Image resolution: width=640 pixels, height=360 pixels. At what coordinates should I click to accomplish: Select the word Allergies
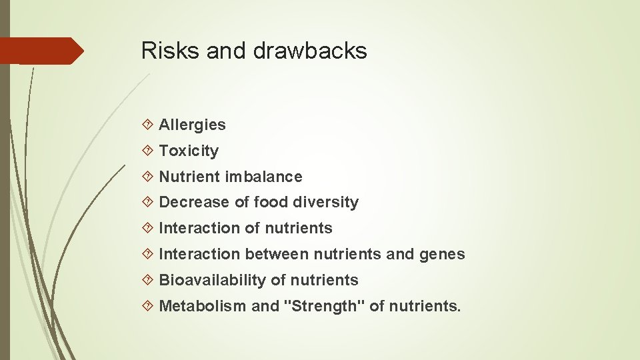[192, 125]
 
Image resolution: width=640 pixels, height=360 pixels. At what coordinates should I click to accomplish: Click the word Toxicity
[189, 151]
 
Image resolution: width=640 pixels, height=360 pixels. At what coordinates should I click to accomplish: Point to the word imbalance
[263, 177]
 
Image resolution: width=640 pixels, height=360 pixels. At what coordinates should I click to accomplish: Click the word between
[277, 254]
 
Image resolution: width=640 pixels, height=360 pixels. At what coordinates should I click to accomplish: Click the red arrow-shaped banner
[40, 51]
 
